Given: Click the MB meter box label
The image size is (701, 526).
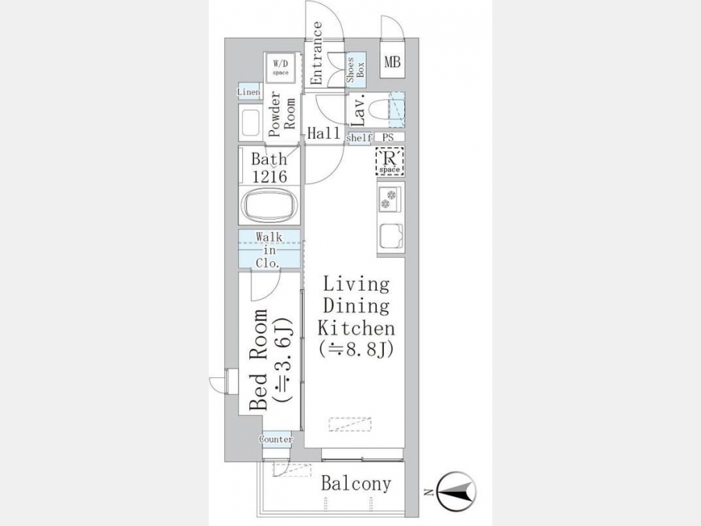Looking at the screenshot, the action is [x=393, y=62].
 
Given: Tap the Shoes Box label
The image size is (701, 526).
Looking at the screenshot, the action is [x=356, y=69].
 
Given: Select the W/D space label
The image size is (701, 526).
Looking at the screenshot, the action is [x=280, y=68].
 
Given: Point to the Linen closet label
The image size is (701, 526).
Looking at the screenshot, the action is [x=249, y=92].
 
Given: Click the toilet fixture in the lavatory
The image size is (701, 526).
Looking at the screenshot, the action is [x=375, y=109].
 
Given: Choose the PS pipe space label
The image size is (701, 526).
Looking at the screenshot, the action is [x=388, y=138].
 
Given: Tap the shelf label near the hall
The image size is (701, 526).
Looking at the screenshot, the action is [x=359, y=138].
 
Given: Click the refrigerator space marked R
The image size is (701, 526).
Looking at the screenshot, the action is [x=389, y=161].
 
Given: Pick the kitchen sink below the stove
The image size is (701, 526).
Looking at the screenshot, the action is [x=391, y=235].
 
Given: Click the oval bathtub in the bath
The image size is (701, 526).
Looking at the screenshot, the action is [x=269, y=205].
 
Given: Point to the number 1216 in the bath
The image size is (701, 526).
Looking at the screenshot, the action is [x=269, y=177].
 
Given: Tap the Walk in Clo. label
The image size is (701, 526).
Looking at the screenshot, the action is [x=269, y=249].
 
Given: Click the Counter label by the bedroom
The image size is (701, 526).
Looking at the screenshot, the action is [x=277, y=440].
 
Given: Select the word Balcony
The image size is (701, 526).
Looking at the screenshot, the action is [x=356, y=483].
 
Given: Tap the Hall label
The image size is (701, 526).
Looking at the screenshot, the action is [x=324, y=132].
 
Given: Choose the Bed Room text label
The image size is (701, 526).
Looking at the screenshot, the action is [x=259, y=359].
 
